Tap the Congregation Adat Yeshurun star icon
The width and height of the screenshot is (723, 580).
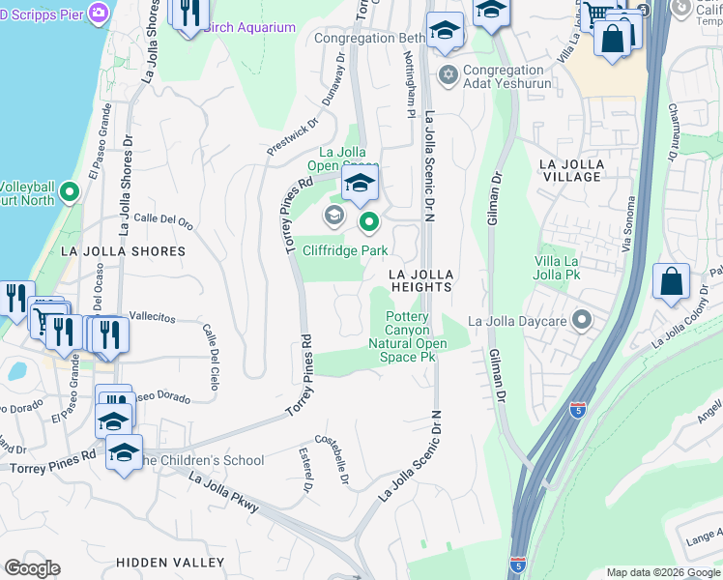(x=447, y=74)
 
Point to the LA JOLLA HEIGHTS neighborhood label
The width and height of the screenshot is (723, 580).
(x=420, y=280)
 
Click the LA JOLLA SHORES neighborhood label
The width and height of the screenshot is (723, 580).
(x=123, y=251)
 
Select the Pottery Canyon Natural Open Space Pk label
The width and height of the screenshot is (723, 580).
(x=411, y=337)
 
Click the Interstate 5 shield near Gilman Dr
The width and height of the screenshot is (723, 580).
(x=578, y=410)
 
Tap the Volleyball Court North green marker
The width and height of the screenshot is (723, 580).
(x=69, y=193)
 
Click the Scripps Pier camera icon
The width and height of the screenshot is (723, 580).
(x=97, y=13)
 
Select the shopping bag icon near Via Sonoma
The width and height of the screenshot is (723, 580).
(x=671, y=283)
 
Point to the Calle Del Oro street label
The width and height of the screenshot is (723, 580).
(x=163, y=221)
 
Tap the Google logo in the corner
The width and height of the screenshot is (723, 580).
(x=32, y=568)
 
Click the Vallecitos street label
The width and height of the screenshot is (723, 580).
(x=152, y=317)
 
